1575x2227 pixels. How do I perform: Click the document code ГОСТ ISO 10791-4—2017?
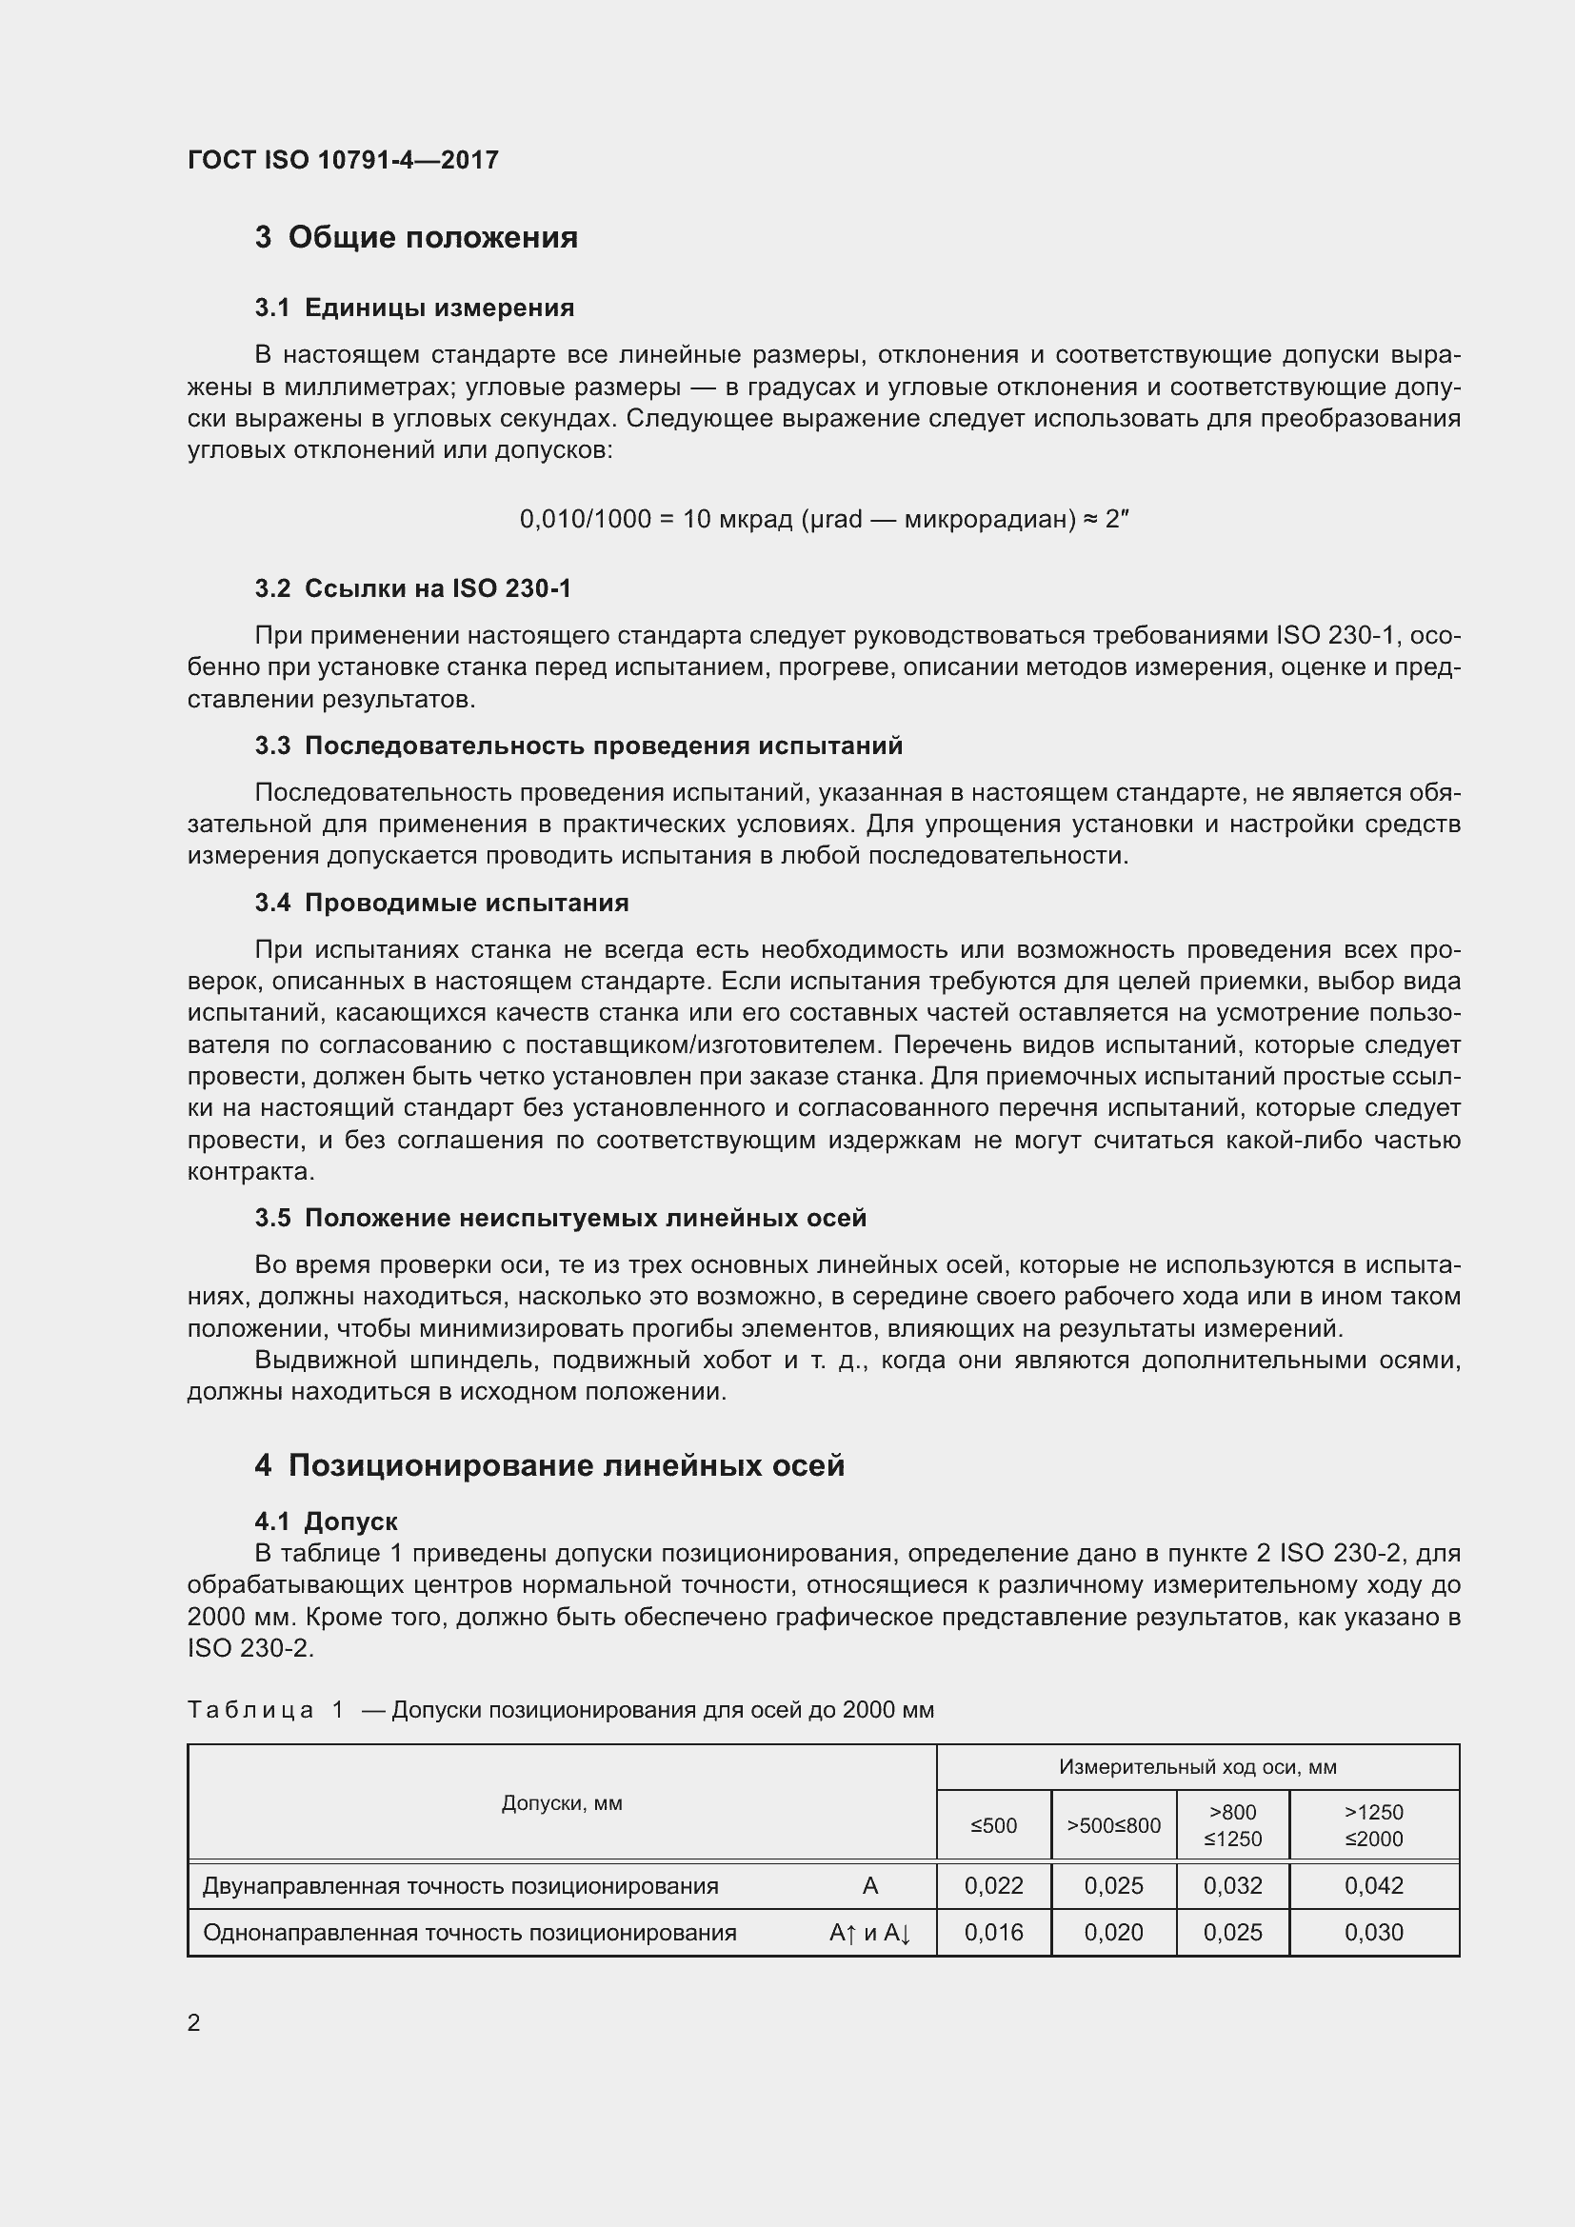[x=343, y=160]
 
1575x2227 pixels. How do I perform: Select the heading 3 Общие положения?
[x=416, y=238]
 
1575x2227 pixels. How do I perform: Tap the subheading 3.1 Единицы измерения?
[x=414, y=308]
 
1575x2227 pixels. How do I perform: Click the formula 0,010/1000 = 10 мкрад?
[x=825, y=520]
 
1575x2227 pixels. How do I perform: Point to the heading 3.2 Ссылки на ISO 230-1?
[x=413, y=588]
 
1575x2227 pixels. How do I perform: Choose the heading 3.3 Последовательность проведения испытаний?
[x=578, y=746]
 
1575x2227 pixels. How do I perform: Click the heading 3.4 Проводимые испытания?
[x=441, y=903]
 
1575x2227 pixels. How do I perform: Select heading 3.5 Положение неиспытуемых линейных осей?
[x=561, y=1219]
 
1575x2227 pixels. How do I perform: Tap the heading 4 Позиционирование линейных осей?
[x=548, y=1465]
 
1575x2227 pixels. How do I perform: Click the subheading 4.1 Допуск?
[x=326, y=1521]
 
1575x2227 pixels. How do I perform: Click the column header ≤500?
[x=993, y=1826]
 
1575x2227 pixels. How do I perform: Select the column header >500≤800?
[x=1113, y=1826]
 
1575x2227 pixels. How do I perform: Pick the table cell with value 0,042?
[x=1373, y=1886]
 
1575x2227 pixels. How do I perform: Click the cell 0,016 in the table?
[x=993, y=1933]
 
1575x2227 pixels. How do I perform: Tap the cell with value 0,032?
[x=1231, y=1886]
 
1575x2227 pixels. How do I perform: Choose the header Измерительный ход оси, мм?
[x=1197, y=1767]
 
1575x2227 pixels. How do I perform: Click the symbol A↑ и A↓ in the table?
[x=870, y=1933]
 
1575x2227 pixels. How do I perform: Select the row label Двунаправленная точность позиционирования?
[x=460, y=1886]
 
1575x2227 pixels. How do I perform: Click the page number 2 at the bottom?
[x=194, y=2023]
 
